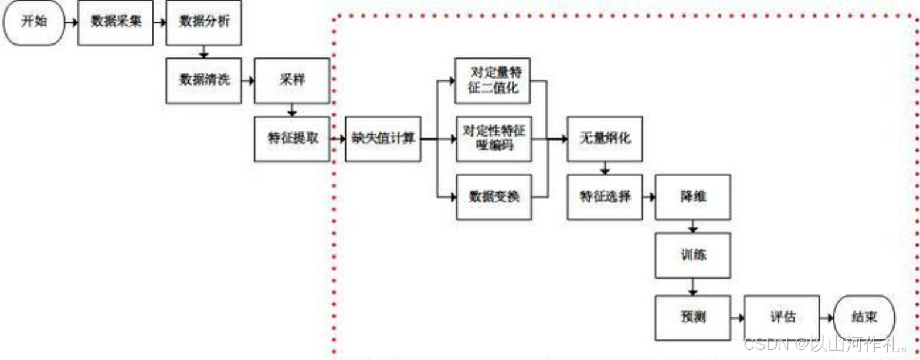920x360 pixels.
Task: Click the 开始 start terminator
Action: [x=34, y=22]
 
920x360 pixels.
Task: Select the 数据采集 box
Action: [x=116, y=22]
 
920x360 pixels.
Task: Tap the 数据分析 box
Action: [x=203, y=22]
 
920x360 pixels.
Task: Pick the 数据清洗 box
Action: [x=203, y=80]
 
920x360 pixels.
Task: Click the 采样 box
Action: [x=291, y=80]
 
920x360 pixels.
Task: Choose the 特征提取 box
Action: [x=292, y=138]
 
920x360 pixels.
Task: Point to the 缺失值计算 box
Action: [x=383, y=138]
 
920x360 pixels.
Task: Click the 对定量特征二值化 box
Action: [x=493, y=80]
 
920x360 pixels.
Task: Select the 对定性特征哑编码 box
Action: [x=494, y=138]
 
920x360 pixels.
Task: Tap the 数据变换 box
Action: [x=494, y=196]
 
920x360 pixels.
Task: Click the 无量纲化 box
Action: [x=605, y=138]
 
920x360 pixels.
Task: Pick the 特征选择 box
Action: [x=605, y=196]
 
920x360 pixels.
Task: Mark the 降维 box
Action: [x=692, y=196]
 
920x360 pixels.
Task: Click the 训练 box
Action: [x=692, y=255]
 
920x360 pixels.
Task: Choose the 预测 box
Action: [x=692, y=317]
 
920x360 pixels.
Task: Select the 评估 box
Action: [x=782, y=317]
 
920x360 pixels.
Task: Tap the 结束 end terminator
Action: [x=864, y=317]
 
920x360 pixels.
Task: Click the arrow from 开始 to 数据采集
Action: [x=72, y=23]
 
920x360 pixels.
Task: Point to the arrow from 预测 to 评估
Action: [x=738, y=318]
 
